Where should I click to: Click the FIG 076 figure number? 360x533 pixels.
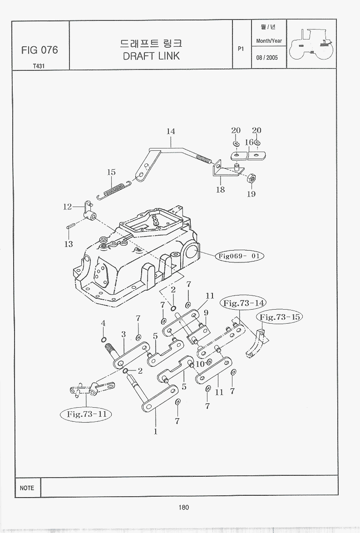click(x=39, y=50)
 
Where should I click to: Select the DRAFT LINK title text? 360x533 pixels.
click(x=151, y=56)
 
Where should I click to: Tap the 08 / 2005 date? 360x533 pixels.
click(x=267, y=58)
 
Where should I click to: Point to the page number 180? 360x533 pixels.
click(x=183, y=508)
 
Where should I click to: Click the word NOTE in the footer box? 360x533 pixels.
click(x=27, y=488)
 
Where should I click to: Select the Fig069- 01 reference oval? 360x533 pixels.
click(x=240, y=256)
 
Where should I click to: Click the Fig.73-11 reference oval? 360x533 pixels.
click(x=86, y=414)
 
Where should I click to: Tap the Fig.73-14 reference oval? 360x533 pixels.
click(x=243, y=303)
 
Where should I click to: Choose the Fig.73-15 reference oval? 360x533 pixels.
click(x=280, y=317)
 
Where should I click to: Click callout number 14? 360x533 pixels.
click(x=171, y=131)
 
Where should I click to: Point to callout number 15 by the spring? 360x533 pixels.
click(x=112, y=173)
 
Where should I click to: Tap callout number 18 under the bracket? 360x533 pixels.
click(x=220, y=189)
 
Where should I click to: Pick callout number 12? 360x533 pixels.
click(x=67, y=207)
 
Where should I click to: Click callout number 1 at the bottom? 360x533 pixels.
click(x=156, y=432)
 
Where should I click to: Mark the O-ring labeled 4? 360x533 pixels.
click(x=104, y=340)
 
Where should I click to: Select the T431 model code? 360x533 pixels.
click(x=39, y=66)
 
